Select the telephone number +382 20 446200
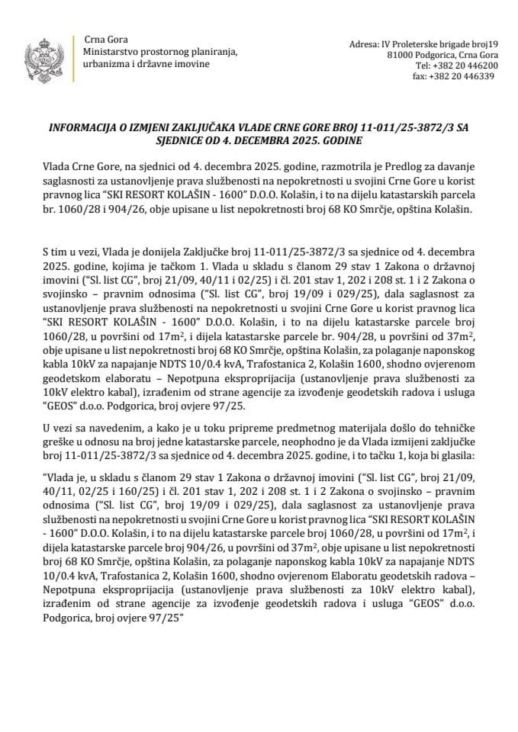pos(456,66)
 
